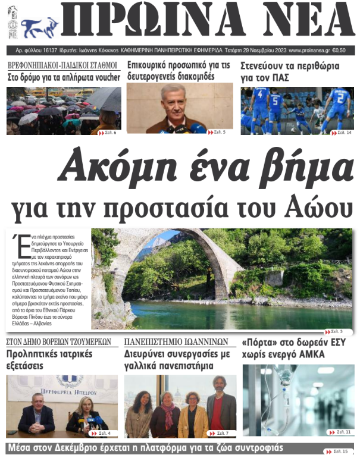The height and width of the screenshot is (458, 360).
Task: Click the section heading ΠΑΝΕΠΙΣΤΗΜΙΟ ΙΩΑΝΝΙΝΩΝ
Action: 176,342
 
